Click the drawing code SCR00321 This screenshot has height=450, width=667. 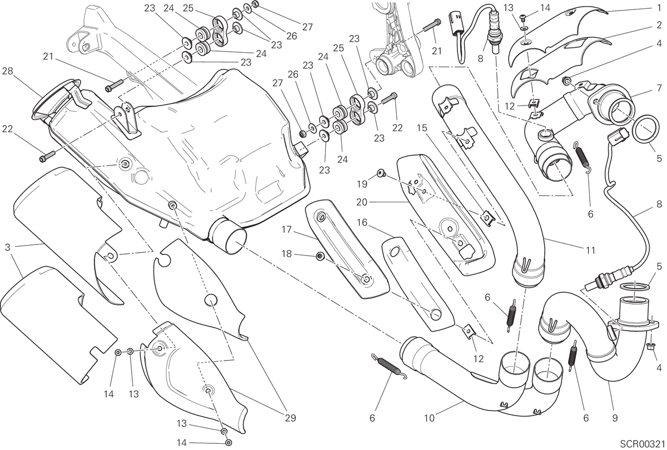(x=644, y=443)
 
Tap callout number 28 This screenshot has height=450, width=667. (x=7, y=72)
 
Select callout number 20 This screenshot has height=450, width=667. (x=362, y=202)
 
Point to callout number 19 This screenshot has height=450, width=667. (x=362, y=184)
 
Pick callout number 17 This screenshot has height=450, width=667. (x=287, y=230)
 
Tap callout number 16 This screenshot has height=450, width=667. (x=362, y=222)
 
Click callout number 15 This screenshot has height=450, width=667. (x=422, y=128)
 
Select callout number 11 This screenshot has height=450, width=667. (x=590, y=251)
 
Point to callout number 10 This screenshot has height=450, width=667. (x=430, y=418)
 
